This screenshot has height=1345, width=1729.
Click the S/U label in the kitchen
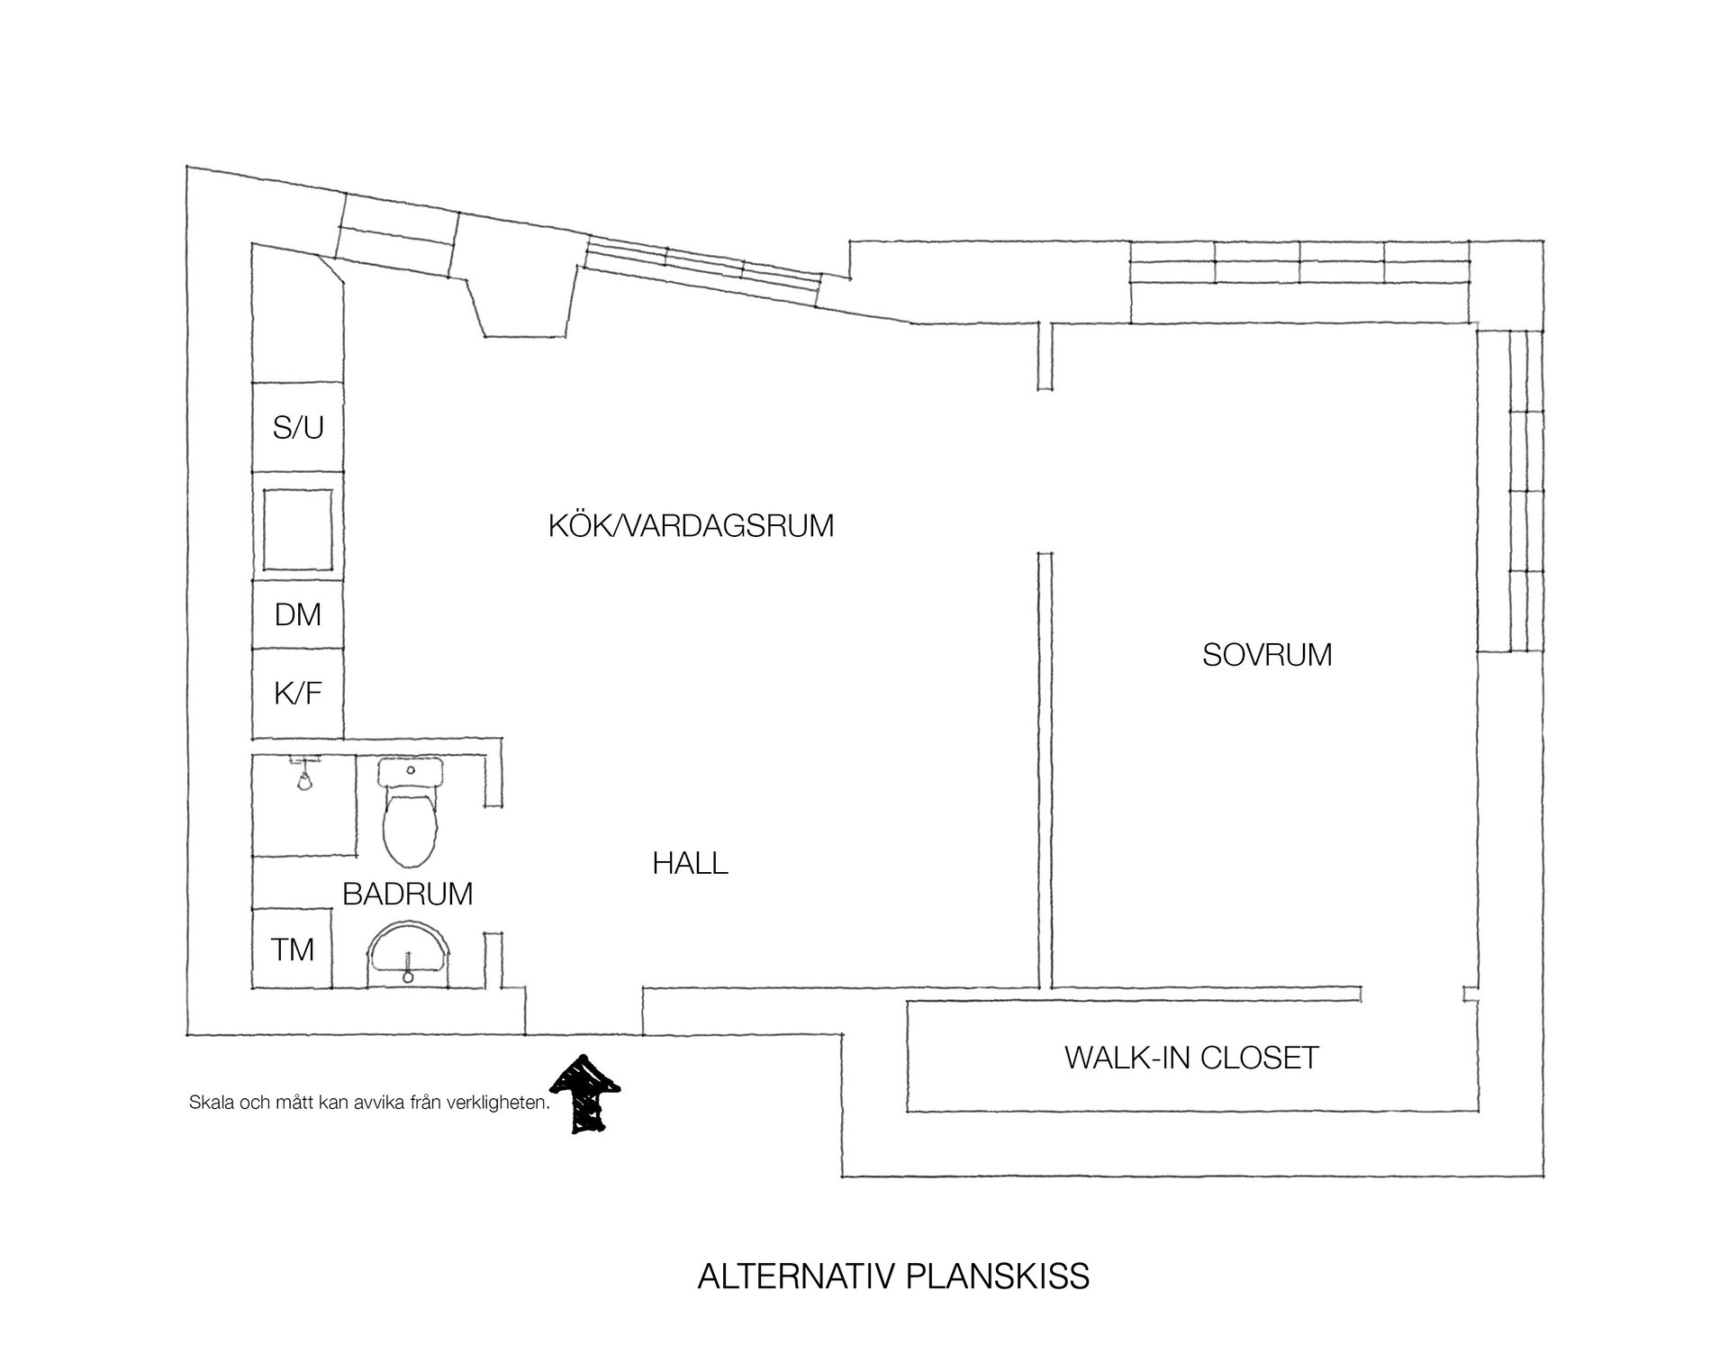click(298, 428)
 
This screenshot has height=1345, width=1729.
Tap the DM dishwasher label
click(298, 615)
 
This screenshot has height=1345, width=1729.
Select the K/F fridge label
click(298, 694)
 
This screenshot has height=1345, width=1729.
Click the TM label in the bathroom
click(293, 950)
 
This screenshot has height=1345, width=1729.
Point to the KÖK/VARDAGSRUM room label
click(692, 525)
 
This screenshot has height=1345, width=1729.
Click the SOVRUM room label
click(1267, 655)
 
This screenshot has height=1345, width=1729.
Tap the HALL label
click(691, 864)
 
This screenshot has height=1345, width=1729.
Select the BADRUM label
click(408, 894)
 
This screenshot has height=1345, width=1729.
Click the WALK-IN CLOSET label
click(1192, 1058)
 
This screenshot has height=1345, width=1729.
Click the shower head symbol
click(304, 775)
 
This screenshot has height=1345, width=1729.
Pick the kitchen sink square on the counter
click(298, 530)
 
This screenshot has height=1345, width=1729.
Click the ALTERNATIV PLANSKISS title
click(893, 1277)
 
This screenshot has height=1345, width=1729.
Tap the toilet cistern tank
click(411, 771)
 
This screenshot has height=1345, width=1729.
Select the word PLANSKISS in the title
click(998, 1277)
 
